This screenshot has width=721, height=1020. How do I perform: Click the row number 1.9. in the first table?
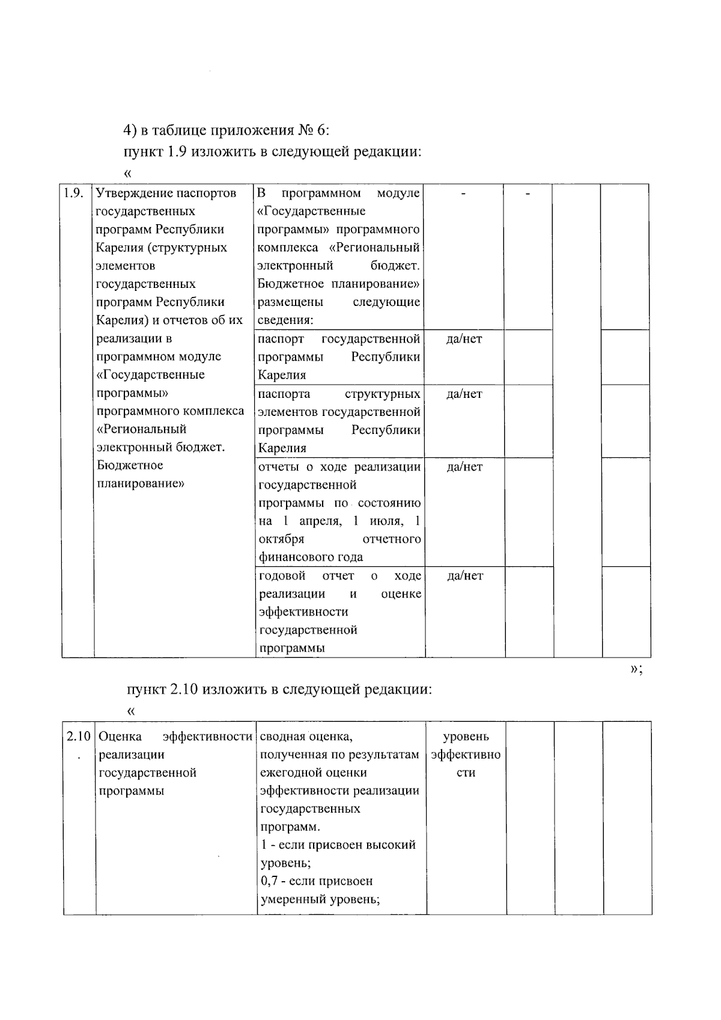point(73,194)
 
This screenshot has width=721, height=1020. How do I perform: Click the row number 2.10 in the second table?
point(78,736)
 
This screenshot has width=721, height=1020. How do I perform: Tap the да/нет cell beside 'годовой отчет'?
point(464,576)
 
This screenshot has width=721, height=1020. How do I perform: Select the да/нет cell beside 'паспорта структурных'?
point(464,394)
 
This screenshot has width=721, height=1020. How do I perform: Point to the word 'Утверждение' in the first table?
point(132,194)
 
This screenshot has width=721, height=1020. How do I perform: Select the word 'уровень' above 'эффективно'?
point(466,736)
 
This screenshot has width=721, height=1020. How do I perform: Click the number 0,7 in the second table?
point(270,881)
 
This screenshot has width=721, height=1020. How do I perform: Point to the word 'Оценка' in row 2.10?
point(120,736)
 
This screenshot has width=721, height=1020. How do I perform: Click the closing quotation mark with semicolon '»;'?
point(636,670)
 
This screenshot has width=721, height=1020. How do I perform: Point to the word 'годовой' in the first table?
point(282,576)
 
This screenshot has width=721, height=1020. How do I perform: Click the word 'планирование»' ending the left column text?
point(140,483)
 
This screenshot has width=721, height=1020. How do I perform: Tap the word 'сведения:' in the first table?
point(285,320)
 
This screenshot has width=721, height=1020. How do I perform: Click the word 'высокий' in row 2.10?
point(392,845)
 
